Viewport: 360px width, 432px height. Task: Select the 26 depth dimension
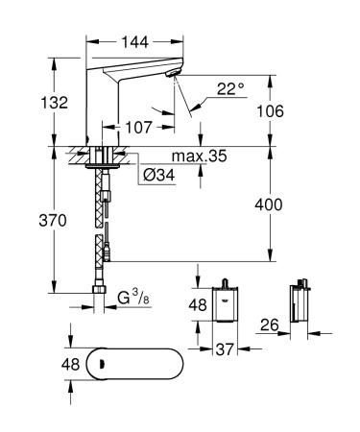coord(271,327)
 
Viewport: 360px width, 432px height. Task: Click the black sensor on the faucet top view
coord(96,364)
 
